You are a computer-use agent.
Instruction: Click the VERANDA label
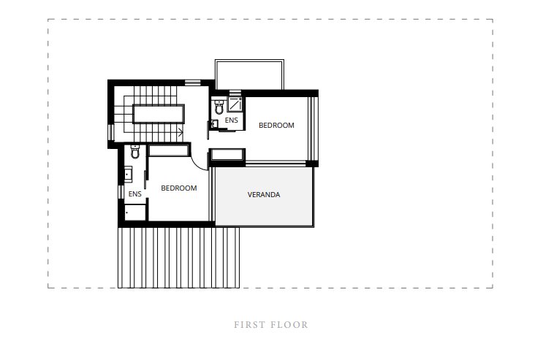click(x=264, y=194)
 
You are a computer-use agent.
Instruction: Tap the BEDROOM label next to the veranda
click(x=276, y=126)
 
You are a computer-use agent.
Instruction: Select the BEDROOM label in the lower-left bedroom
click(x=179, y=188)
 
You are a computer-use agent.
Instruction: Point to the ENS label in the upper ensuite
click(x=232, y=120)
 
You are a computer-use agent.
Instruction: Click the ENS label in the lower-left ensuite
click(x=134, y=194)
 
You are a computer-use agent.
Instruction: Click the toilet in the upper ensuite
click(x=219, y=107)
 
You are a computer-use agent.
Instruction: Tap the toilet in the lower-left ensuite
click(x=135, y=151)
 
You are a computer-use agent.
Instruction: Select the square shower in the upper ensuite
click(x=235, y=104)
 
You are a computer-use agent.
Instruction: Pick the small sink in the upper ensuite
click(x=214, y=123)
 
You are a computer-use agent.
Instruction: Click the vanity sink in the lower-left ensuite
click(x=128, y=174)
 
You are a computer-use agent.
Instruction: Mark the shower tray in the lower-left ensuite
click(x=135, y=212)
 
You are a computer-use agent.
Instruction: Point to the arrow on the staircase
click(x=181, y=132)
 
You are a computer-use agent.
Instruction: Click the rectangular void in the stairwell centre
click(x=159, y=114)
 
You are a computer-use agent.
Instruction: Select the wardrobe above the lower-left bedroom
click(x=169, y=150)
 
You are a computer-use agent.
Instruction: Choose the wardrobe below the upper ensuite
click(x=227, y=154)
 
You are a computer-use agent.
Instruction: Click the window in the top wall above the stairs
click(x=192, y=83)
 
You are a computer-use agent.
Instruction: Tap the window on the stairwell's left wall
click(x=110, y=132)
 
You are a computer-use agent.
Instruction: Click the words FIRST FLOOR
click(x=271, y=325)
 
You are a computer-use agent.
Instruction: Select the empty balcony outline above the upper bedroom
click(x=249, y=60)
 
